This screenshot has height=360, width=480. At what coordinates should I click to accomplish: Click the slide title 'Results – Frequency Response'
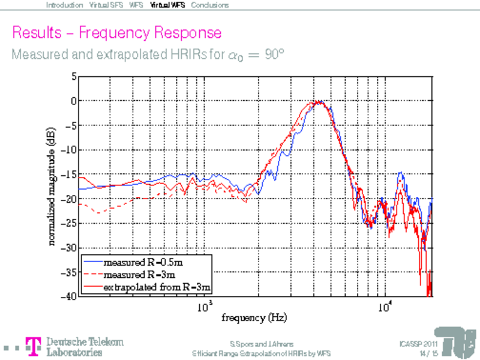117,31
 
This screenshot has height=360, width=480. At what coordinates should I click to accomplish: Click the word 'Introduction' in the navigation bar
64,5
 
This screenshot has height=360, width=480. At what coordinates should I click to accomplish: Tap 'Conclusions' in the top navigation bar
209,5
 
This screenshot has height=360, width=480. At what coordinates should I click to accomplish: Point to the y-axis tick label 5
73,77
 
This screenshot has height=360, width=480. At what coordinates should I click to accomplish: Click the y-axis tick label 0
73,101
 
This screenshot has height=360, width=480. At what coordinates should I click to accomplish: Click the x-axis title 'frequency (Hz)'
251,316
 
